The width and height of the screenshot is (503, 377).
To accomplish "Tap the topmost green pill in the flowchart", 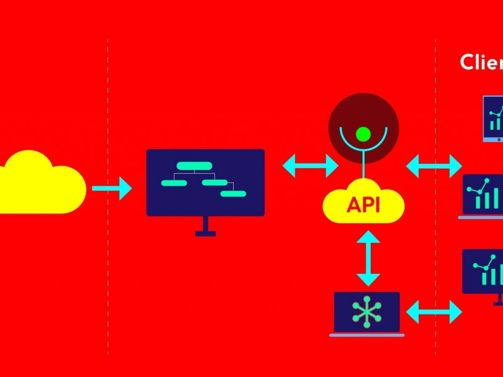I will click(x=194, y=165).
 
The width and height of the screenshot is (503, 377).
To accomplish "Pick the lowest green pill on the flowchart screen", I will click(x=233, y=194).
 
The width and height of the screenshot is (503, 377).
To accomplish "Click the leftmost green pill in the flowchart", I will click(x=174, y=183).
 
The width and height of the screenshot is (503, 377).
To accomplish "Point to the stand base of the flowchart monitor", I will click(x=205, y=233).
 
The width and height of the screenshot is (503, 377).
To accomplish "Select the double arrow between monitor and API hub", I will click(x=310, y=165).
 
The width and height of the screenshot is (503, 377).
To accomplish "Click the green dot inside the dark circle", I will click(x=363, y=134).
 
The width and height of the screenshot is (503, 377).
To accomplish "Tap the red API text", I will click(x=363, y=205).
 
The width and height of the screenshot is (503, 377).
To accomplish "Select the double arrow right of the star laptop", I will click(x=434, y=312).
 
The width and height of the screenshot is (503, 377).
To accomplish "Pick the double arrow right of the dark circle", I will click(x=434, y=166).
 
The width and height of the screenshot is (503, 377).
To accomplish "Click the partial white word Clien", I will click(x=481, y=62).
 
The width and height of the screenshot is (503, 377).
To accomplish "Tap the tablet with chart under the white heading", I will click(x=493, y=119).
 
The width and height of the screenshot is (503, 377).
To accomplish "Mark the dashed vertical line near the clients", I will click(x=436, y=226).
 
